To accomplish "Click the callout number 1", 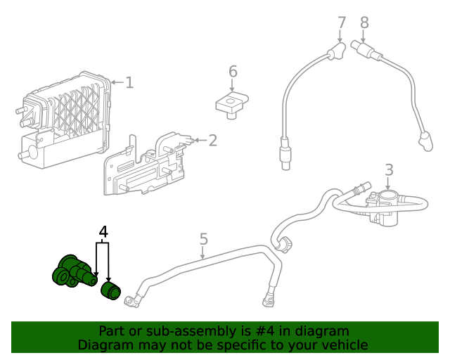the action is tap(129, 82).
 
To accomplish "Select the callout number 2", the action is tap(212, 141).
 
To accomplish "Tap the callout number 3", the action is tap(389, 170).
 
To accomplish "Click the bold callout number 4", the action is tap(103, 232).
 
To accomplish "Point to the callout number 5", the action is tap(203, 239).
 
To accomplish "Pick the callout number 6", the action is tap(233, 72).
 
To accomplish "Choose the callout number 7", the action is tap(342, 22).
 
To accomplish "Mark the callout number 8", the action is tap(364, 22).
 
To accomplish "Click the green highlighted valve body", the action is tap(74, 271).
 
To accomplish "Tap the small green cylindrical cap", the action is tap(111, 291).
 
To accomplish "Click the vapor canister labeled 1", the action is tap(64, 120).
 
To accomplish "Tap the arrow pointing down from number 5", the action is tap(203, 252).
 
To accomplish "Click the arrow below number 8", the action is tap(364, 37).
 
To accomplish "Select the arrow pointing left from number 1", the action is tap(117, 83).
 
